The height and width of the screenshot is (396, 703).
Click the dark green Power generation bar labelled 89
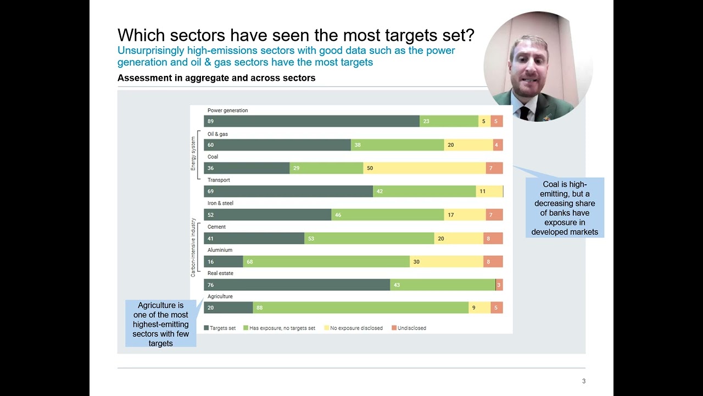311,122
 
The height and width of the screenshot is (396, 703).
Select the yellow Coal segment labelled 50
424,168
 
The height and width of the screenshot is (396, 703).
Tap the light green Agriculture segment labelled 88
360,308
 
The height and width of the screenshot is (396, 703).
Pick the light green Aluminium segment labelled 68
326,262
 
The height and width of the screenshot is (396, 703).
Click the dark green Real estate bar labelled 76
297,285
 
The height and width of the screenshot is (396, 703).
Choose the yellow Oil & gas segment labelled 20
468,145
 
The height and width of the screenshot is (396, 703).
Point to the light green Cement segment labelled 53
369,239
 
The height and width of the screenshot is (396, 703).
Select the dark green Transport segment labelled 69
288,191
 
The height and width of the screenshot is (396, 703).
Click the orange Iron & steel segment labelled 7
494,215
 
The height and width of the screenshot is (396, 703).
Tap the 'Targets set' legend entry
220,328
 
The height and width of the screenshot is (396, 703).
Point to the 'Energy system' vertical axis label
193,153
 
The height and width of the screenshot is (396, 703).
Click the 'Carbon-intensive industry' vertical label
193,247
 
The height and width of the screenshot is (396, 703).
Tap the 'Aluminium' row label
220,250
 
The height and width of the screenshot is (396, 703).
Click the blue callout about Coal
565,208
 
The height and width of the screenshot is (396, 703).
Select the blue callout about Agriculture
160,324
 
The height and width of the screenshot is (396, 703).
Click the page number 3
584,381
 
